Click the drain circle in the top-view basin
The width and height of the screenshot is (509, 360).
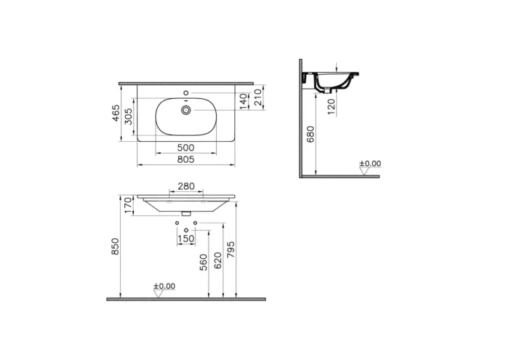click(x=187, y=110)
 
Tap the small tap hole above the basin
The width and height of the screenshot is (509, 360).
click(x=187, y=93)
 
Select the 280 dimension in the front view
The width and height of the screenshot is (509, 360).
click(x=186, y=187)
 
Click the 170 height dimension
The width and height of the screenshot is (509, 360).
click(x=129, y=206)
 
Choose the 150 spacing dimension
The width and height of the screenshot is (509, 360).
click(x=186, y=239)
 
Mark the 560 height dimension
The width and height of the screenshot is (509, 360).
click(x=204, y=262)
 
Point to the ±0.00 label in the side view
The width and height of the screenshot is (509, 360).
click(x=370, y=164)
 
